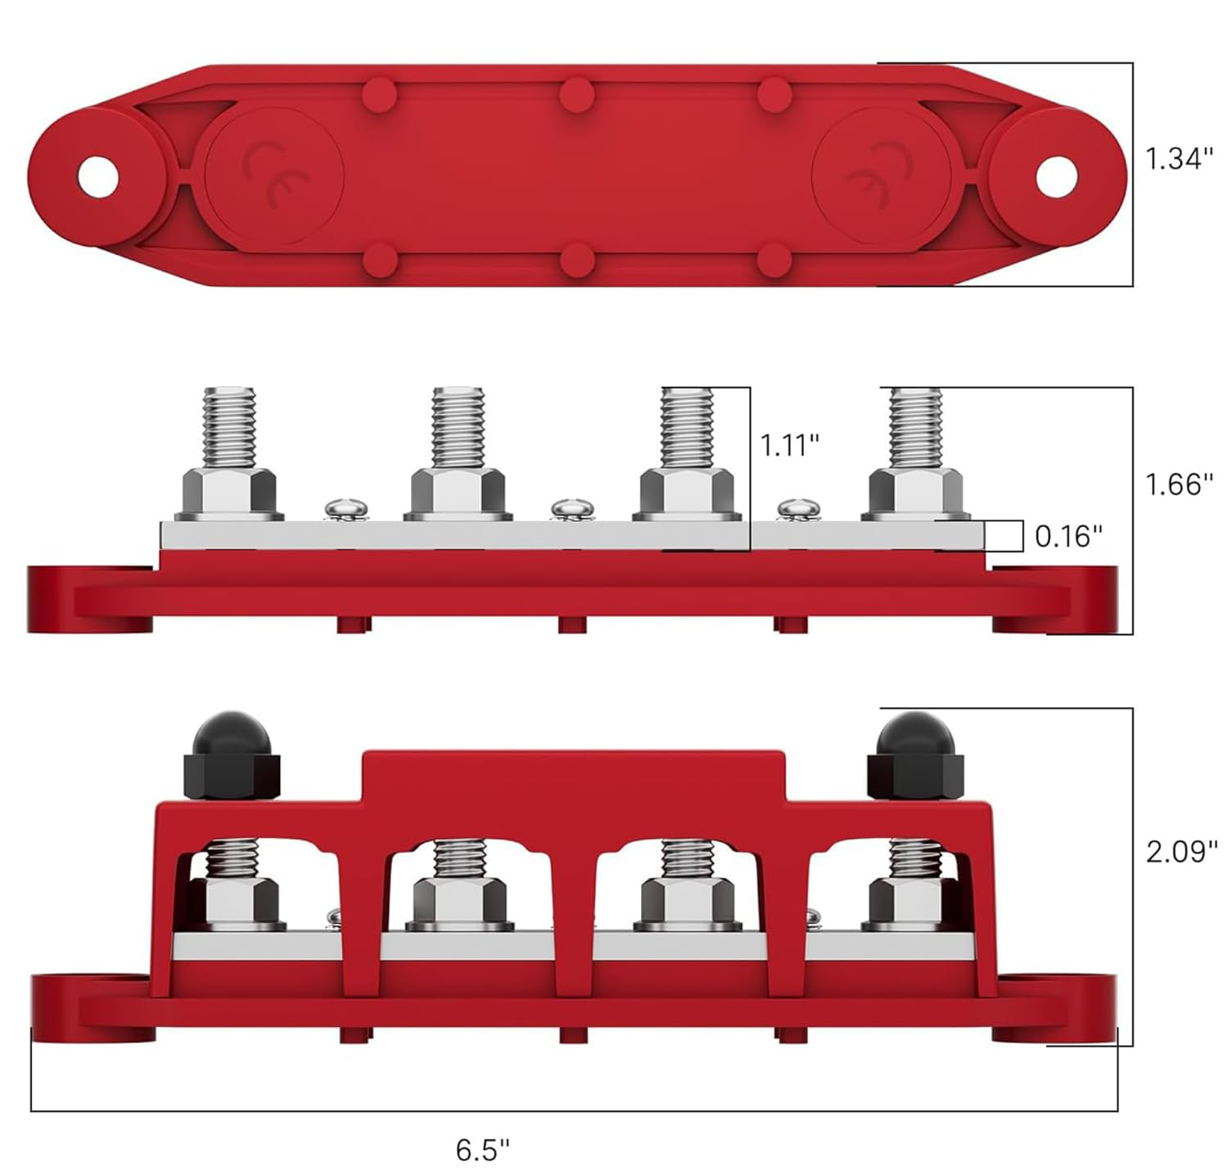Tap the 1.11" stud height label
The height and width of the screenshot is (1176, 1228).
[x=789, y=445]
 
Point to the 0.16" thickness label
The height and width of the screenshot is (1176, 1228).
[x=1068, y=537]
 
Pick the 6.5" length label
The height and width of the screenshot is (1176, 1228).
[x=482, y=1150]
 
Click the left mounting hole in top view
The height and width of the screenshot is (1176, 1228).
[x=98, y=176]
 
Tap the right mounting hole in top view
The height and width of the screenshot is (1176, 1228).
[x=1056, y=176]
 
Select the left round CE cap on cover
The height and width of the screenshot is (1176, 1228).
[x=274, y=176]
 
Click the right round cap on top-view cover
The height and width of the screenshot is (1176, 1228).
[x=881, y=176]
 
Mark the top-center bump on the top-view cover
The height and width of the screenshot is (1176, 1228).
[x=576, y=95]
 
